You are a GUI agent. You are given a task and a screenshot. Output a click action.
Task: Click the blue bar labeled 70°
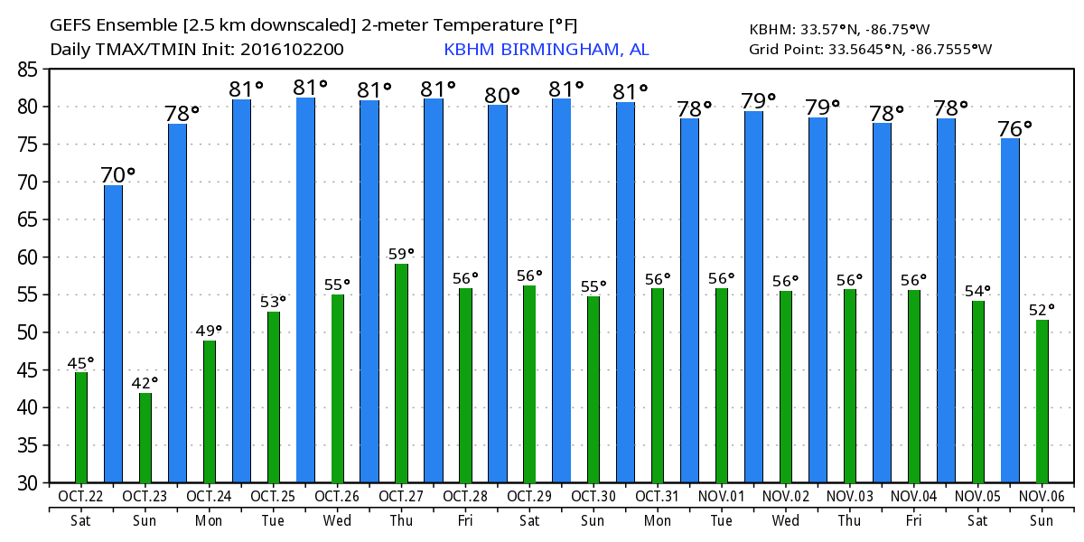(113, 333)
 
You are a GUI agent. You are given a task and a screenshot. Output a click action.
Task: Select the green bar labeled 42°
(145, 438)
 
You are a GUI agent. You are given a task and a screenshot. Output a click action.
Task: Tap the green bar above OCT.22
(81, 427)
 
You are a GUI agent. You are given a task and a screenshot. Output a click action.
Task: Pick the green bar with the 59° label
(401, 373)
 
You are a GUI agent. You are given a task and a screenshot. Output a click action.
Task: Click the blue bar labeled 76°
(1010, 311)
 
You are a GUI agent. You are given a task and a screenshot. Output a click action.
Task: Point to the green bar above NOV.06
(1042, 401)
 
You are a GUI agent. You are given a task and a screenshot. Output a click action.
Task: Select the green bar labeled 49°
(210, 412)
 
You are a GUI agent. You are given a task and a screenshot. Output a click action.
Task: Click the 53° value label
(274, 301)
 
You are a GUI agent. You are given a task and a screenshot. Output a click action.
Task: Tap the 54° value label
(978, 291)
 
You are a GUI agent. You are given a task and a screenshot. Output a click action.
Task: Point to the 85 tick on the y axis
(28, 69)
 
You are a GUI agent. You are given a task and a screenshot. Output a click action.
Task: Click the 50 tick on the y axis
(28, 332)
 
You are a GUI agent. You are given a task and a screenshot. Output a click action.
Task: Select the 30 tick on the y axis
(28, 483)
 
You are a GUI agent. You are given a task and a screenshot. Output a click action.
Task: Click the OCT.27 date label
(401, 497)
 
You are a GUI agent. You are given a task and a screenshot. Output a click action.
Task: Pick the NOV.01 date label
(722, 497)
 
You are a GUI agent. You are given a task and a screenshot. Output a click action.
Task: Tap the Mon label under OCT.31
(658, 521)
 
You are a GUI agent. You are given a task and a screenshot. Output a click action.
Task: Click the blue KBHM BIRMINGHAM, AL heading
(547, 50)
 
